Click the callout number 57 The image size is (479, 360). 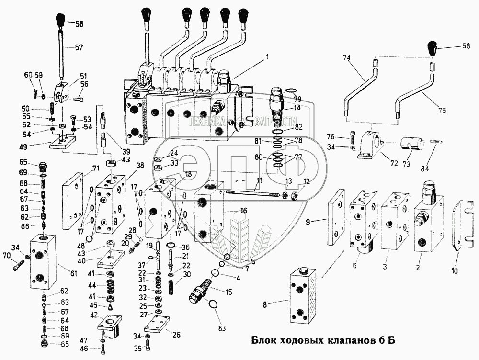coord(78,47)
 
